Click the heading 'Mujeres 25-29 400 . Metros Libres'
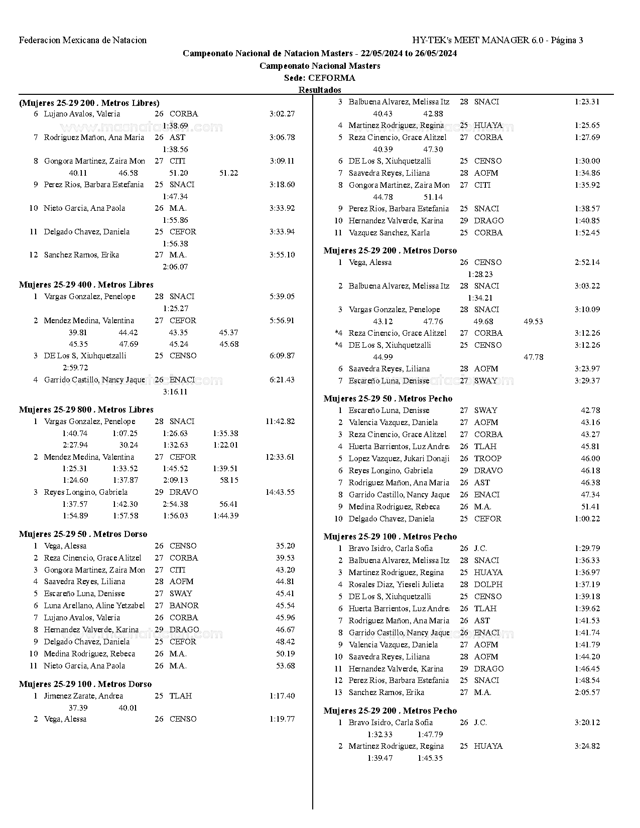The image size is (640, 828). click(86, 285)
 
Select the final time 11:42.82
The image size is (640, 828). click(280, 422)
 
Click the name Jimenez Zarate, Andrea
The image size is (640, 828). click(83, 696)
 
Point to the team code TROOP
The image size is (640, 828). click(487, 459)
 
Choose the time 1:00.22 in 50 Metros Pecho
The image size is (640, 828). click(587, 519)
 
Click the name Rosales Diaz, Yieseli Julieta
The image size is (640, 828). click(396, 585)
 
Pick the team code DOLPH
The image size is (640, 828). click(488, 585)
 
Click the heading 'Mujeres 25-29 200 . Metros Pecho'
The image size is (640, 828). click(390, 711)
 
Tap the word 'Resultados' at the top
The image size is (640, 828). click(320, 90)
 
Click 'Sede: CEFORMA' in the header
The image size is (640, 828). click(320, 78)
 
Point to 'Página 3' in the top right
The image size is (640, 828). click(567, 40)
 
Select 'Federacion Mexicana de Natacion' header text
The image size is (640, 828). click(83, 40)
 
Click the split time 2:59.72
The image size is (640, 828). click(75, 368)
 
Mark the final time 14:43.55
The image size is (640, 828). click(280, 492)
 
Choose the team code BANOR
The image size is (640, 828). click(184, 606)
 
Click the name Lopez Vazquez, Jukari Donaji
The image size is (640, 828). click(399, 459)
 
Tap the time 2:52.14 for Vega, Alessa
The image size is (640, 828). click(587, 262)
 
